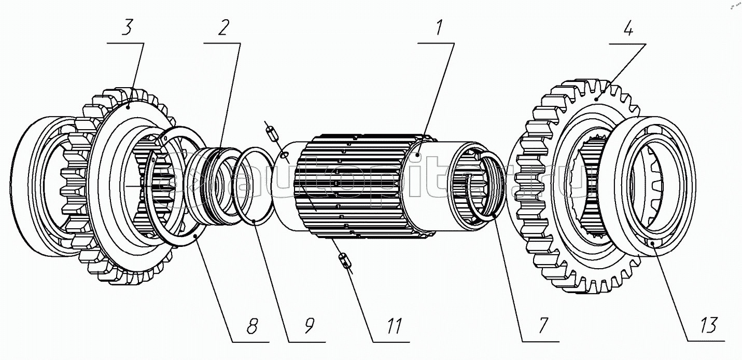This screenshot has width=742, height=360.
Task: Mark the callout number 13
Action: (x=709, y=326)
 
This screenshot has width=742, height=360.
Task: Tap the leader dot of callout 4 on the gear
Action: (x=597, y=99)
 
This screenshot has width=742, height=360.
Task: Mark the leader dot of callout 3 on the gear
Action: (x=128, y=107)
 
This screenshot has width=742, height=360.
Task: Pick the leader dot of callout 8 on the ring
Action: (x=195, y=236)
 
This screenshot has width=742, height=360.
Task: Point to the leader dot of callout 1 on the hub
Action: (x=418, y=155)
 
